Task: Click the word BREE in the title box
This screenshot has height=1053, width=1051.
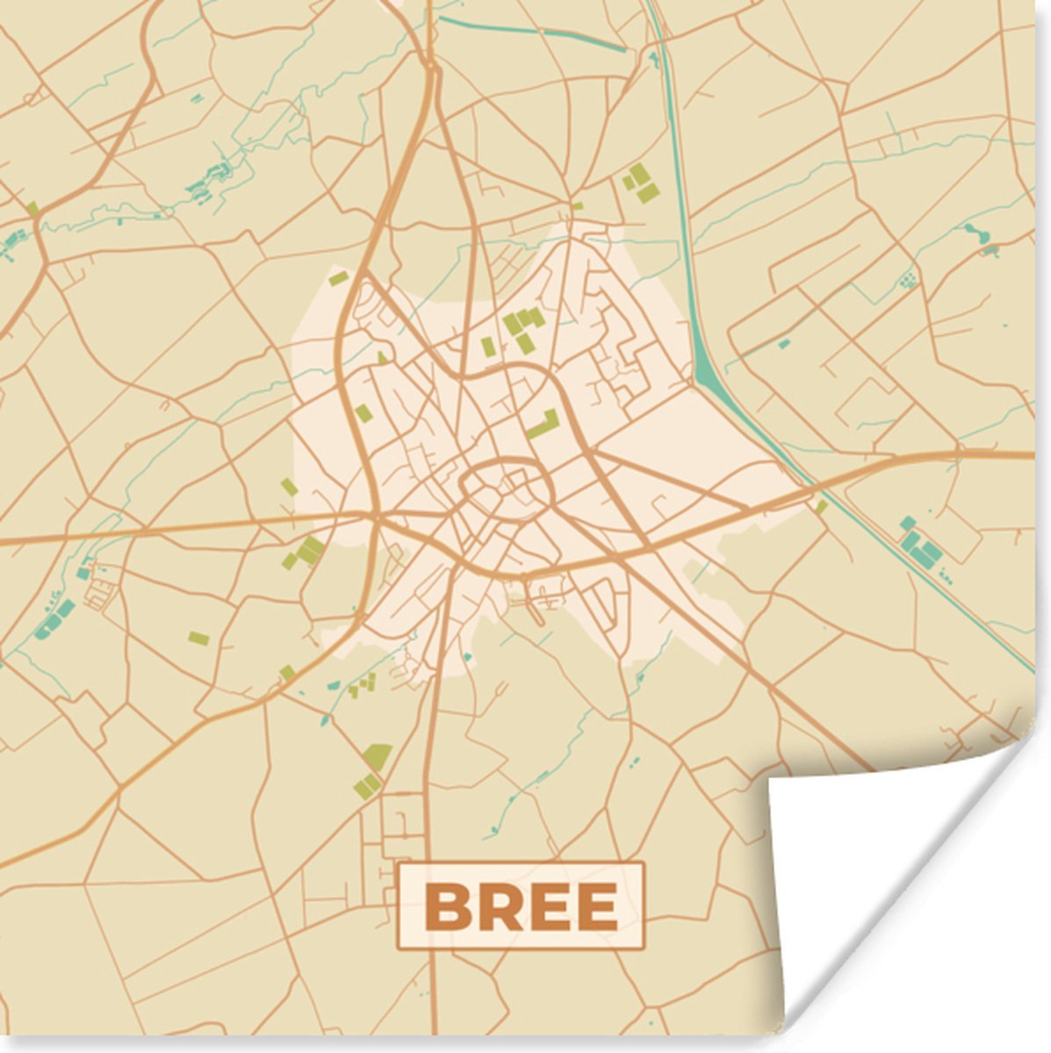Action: coord(521,906)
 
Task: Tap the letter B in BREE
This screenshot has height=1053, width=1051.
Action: coord(446,906)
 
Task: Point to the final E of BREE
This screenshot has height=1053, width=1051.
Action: coord(597,906)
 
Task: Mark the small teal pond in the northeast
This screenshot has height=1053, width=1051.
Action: coord(974,233)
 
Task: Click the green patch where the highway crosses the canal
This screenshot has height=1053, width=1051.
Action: coord(821,507)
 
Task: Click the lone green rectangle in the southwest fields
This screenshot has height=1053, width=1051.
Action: coord(199,638)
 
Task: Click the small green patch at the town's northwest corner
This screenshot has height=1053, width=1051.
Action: coord(338,279)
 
